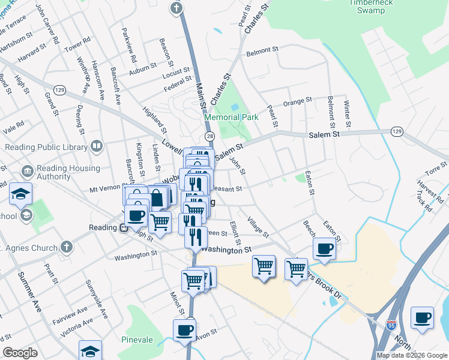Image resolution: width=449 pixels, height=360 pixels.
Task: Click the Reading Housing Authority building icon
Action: (27, 172)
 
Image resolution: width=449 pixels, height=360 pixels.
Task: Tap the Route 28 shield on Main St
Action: (209, 137)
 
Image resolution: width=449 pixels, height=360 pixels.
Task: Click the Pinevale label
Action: (136, 340)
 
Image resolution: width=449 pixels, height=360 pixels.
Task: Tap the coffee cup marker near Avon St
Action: (184, 329)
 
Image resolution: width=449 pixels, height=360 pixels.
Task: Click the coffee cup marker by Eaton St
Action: (325, 248)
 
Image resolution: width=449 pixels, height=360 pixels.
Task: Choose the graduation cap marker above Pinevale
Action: (91, 350)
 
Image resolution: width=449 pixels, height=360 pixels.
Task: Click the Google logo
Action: (20, 352)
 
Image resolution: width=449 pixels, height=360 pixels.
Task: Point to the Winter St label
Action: (346, 109)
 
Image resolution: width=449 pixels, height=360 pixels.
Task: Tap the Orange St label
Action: (298, 101)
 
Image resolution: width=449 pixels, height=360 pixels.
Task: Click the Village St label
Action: (258, 227)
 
